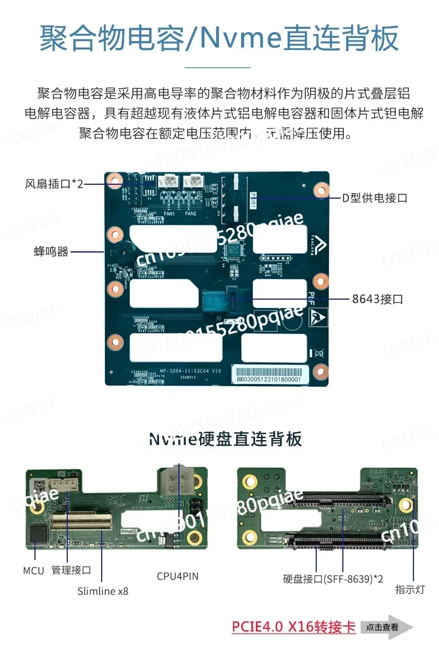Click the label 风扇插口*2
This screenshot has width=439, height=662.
click(54, 184)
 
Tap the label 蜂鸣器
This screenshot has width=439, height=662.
click(51, 251)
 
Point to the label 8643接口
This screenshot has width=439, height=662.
click(377, 299)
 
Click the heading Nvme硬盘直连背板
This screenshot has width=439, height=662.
click(225, 439)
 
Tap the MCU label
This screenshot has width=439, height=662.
click(33, 570)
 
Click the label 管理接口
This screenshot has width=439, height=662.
click(71, 570)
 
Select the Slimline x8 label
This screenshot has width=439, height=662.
click(103, 591)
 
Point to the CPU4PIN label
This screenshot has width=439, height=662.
click(177, 577)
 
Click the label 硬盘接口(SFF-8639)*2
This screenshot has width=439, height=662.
click(333, 579)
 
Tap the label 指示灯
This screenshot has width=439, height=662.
click(410, 589)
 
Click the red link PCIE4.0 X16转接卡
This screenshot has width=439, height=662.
click(294, 627)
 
